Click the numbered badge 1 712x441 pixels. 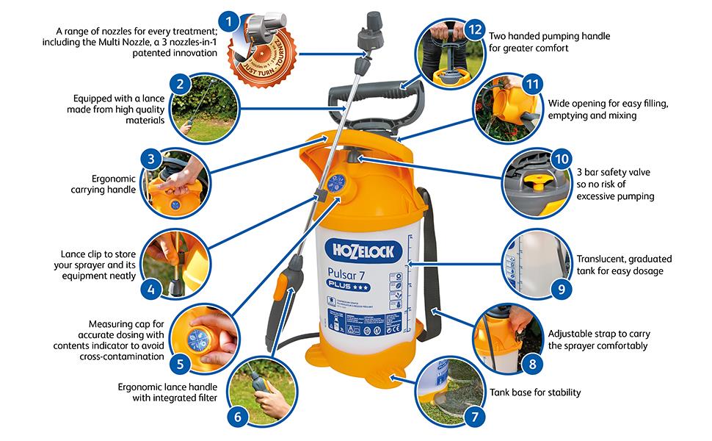coord(230,21)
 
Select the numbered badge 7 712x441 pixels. coord(474,416)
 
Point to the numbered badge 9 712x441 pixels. coord(561,288)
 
